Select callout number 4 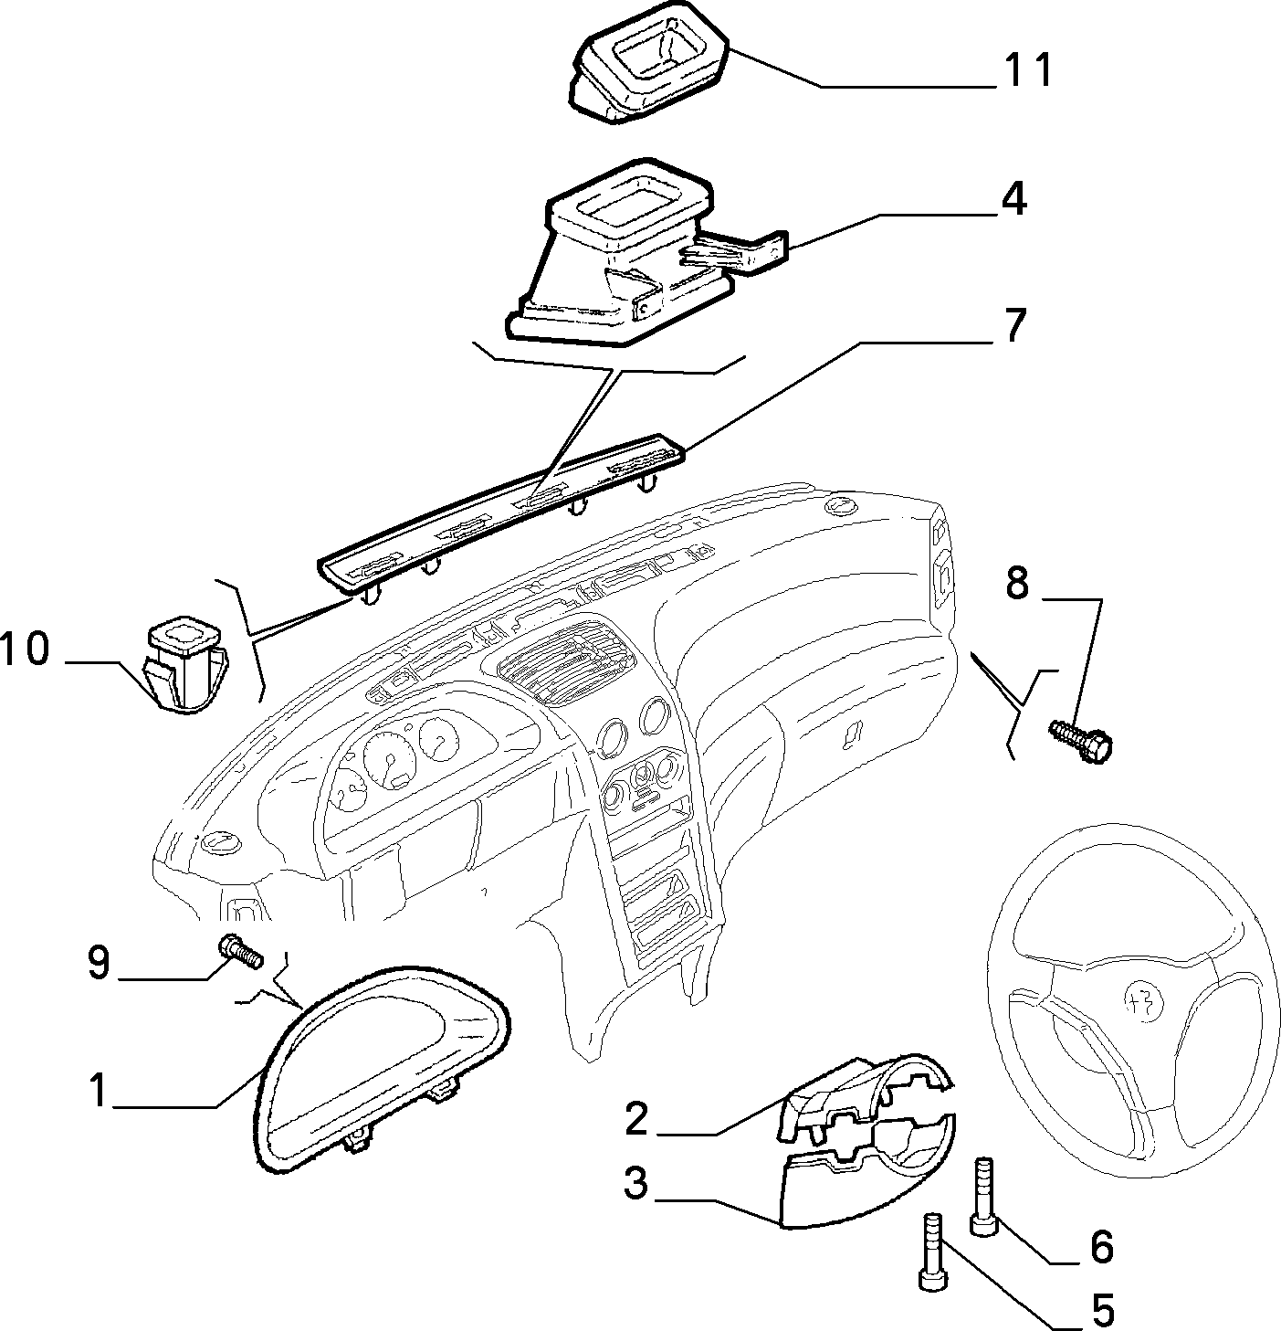pos(1013,200)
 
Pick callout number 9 pos(99,963)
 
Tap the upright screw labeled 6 pos(983,1197)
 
